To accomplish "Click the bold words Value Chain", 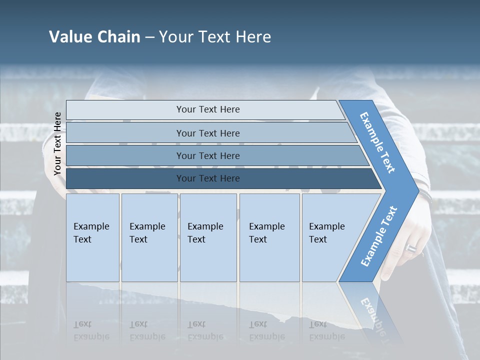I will (94, 37).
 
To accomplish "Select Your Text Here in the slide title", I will (215, 37).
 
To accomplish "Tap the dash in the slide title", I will (149, 37).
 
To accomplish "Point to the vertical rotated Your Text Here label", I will (57, 144).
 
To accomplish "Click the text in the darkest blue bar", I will (208, 178).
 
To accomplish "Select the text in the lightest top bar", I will (208, 109).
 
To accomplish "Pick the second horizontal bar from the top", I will (208, 133).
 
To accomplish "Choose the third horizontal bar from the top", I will (208, 155).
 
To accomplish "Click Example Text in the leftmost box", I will (91, 233).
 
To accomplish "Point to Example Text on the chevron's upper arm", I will (377, 142).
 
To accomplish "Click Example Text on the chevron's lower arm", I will (379, 236).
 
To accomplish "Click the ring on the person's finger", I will (410, 248).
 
